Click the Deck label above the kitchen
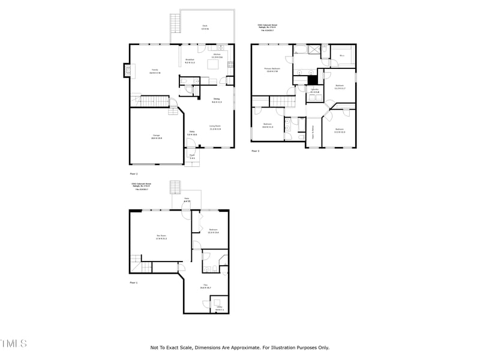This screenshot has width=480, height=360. (204, 27)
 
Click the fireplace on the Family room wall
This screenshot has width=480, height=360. (127, 70)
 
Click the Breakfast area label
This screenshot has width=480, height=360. (190, 61)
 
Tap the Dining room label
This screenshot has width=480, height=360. (217, 100)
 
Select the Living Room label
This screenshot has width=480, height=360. (215, 127)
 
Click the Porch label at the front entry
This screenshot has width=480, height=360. (193, 157)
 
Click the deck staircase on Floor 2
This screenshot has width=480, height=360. (176, 23)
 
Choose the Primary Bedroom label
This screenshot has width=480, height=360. (272, 70)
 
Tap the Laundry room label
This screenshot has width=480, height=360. (314, 91)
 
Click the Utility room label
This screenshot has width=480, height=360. (220, 308)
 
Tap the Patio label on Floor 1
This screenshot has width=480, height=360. (187, 200)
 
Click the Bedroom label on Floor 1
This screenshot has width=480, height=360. (213, 231)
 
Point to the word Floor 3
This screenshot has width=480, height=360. (255, 151)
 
